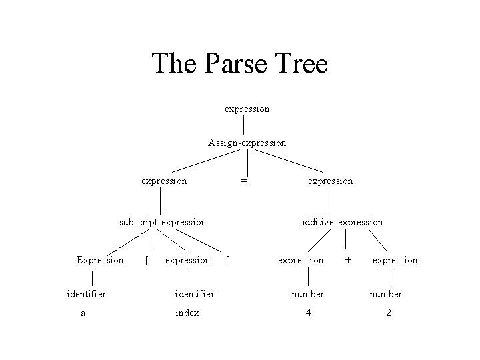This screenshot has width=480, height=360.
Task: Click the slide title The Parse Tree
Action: [x=240, y=64]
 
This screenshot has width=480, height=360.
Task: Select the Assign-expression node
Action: [x=247, y=143]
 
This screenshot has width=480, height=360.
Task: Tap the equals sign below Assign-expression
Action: [x=244, y=181]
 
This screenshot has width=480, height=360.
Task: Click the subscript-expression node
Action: [x=162, y=222]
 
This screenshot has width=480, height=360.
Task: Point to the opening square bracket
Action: [x=146, y=260]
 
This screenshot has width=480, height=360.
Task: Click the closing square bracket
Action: [x=229, y=260]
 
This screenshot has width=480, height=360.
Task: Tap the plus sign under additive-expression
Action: [x=348, y=259]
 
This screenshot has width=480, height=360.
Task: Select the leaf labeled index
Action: [x=187, y=313]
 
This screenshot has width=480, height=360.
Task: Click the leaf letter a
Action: [x=83, y=313]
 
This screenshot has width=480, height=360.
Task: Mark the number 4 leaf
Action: [x=307, y=313]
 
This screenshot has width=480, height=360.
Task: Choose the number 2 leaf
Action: [x=388, y=313]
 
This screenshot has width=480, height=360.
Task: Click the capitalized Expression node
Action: [x=100, y=260]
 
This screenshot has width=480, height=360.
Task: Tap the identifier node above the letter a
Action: [x=87, y=293]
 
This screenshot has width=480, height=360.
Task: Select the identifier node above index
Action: [x=194, y=293]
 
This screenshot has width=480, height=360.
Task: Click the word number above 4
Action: [x=307, y=293]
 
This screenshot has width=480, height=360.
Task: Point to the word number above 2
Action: [x=386, y=293]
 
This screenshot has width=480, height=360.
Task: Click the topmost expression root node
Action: [x=247, y=108]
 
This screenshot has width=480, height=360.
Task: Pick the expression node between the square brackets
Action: [x=187, y=260]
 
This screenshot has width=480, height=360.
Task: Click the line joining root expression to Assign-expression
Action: [x=244, y=125]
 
